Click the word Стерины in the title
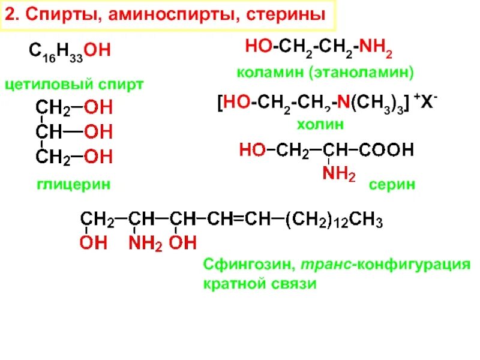(282, 16)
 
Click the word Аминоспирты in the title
(167, 16)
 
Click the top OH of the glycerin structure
(97, 109)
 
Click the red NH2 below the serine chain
(339, 175)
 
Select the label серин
(392, 185)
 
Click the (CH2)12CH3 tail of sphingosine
(334, 220)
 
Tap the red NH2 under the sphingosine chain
(143, 243)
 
